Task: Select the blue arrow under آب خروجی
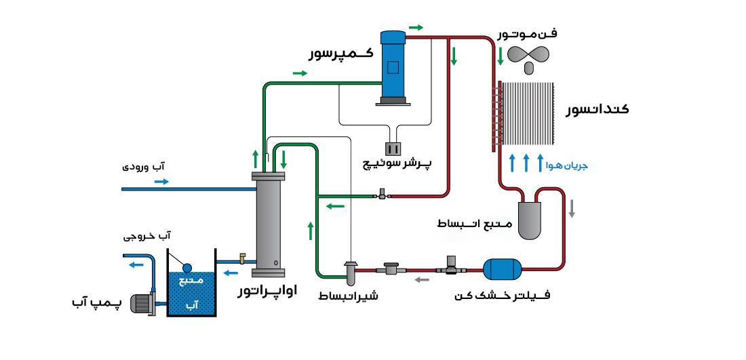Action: click(137, 264)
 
